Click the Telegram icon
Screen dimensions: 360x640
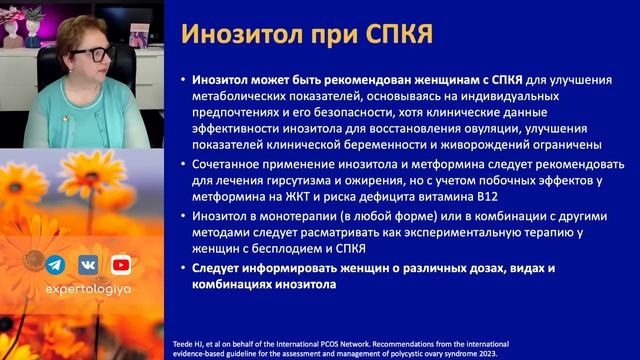pyautogui.click(x=55, y=265)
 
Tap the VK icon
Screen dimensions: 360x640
pyautogui.click(x=87, y=265)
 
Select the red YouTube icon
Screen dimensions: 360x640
pyautogui.click(x=120, y=265)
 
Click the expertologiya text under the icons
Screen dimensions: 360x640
pyautogui.click(x=87, y=297)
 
